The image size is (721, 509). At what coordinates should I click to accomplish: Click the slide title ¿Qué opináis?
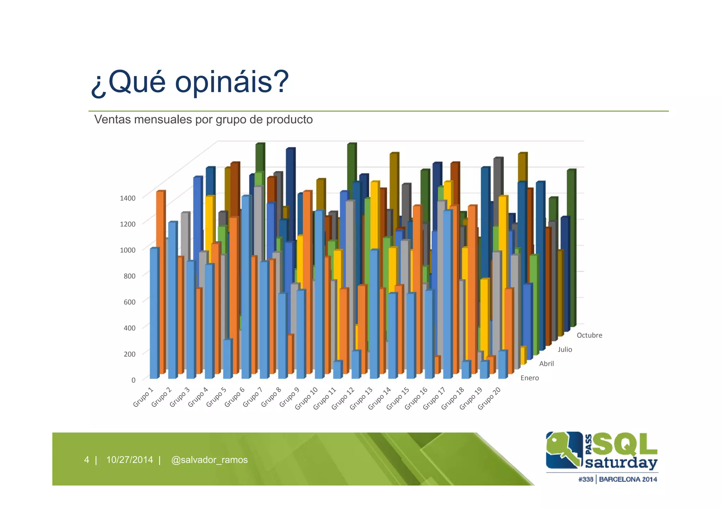click(190, 82)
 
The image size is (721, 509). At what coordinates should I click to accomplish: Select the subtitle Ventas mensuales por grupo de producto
click(203, 120)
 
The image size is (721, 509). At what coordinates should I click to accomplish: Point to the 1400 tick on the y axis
click(127, 198)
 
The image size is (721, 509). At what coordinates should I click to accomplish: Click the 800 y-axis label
click(129, 276)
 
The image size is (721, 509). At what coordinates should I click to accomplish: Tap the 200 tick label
click(129, 354)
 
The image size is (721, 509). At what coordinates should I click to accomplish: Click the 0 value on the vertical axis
click(133, 380)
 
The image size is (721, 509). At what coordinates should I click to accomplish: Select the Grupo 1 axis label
click(143, 397)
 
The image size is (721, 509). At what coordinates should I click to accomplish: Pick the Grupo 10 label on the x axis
click(306, 398)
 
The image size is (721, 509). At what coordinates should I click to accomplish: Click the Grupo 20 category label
click(489, 398)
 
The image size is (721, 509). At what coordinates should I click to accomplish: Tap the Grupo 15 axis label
click(397, 398)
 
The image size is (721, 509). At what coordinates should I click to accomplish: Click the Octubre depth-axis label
click(589, 335)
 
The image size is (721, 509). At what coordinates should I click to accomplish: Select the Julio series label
click(565, 349)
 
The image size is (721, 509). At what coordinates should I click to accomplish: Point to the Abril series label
click(546, 364)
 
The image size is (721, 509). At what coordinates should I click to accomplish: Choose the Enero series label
click(529, 378)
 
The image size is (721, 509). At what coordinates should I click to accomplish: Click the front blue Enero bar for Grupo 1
click(154, 313)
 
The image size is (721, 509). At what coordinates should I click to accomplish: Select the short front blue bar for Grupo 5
click(227, 359)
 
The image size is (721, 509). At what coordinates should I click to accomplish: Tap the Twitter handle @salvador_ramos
click(209, 460)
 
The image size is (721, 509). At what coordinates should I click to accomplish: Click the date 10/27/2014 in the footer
click(130, 460)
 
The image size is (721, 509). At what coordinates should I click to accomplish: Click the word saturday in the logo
click(621, 463)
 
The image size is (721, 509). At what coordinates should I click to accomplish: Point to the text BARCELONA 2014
click(628, 479)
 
